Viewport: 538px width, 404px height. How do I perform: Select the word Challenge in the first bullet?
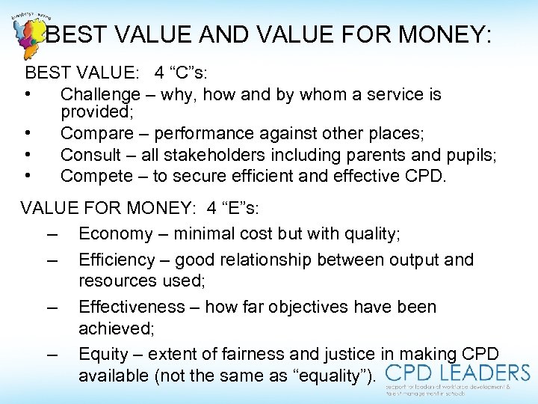100,95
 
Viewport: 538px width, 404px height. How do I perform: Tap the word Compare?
96,134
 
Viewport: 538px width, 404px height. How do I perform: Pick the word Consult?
90,155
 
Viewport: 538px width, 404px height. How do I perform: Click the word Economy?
115,234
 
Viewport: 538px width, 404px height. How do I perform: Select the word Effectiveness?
132,307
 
